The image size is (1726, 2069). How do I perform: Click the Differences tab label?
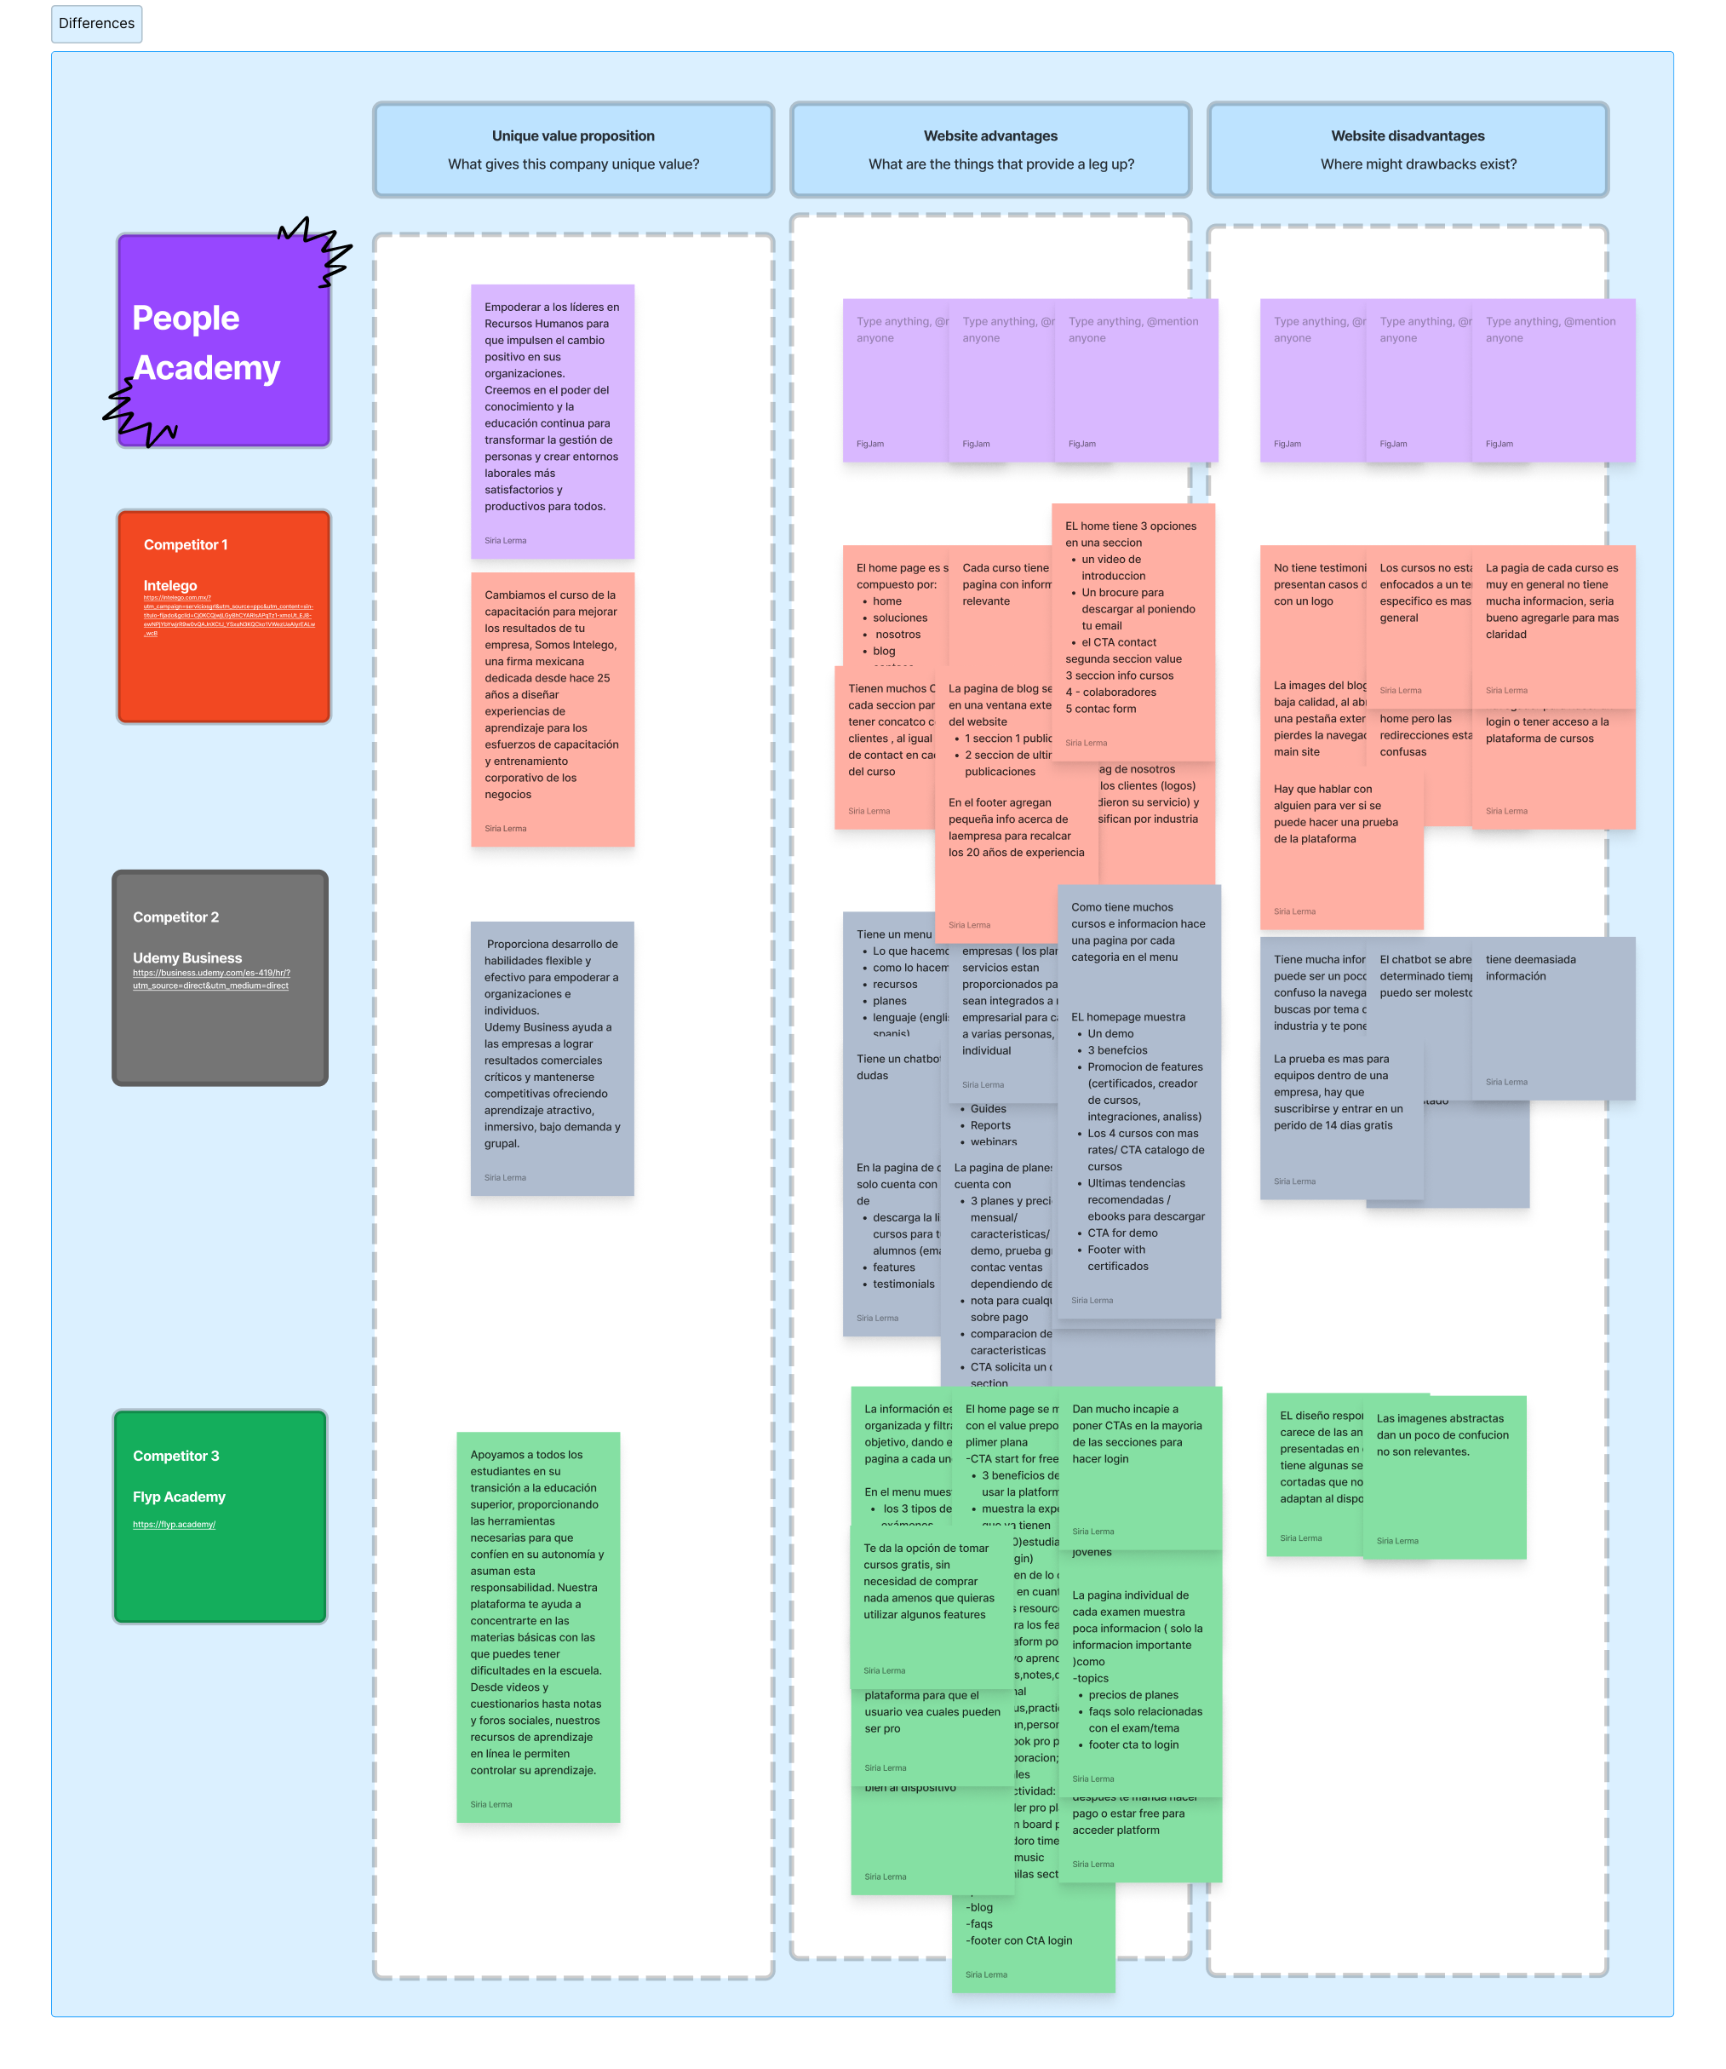[x=96, y=24]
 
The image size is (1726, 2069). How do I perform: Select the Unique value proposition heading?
[x=573, y=136]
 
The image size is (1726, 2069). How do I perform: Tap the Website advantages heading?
[x=990, y=136]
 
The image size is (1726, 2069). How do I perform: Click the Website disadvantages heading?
[x=1407, y=136]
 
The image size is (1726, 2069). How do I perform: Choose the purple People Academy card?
[x=224, y=341]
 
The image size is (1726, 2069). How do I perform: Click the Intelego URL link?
[x=228, y=615]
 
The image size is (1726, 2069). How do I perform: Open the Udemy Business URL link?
[x=211, y=979]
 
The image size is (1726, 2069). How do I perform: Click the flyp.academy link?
[x=175, y=1524]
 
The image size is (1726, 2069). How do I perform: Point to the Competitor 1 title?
[x=186, y=545]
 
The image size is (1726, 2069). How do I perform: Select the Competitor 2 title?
[x=175, y=917]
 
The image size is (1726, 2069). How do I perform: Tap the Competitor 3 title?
[x=175, y=1457]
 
